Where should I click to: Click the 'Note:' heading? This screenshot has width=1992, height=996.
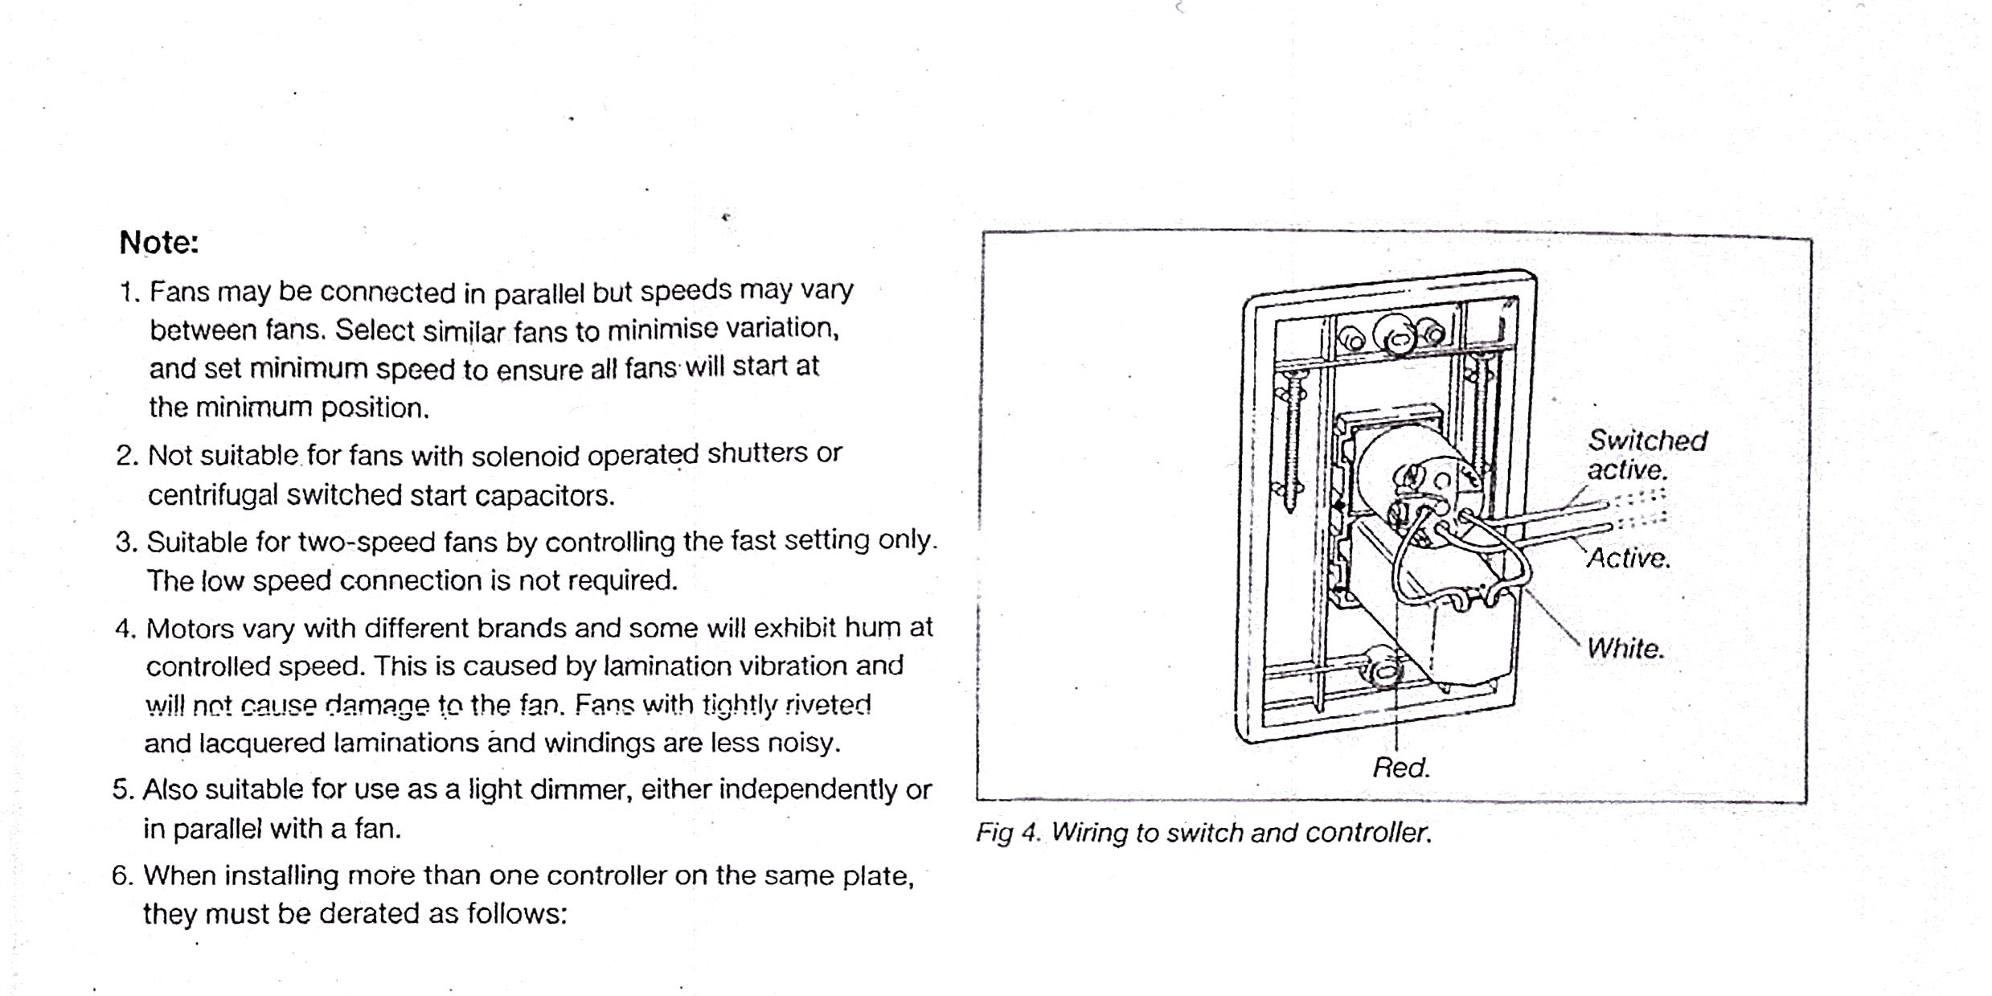(x=158, y=243)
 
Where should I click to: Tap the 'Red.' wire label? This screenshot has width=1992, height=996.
(x=1401, y=768)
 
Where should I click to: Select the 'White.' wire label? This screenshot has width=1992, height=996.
(x=1625, y=649)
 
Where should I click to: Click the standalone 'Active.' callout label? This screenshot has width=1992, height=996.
(x=1629, y=558)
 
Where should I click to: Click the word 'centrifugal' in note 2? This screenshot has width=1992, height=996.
(x=212, y=495)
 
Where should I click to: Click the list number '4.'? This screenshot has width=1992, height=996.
(x=126, y=628)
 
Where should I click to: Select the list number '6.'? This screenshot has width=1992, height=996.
(x=122, y=875)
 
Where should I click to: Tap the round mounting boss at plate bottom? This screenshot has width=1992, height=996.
(x=1383, y=668)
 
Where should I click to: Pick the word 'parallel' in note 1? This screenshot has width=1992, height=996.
(x=538, y=293)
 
